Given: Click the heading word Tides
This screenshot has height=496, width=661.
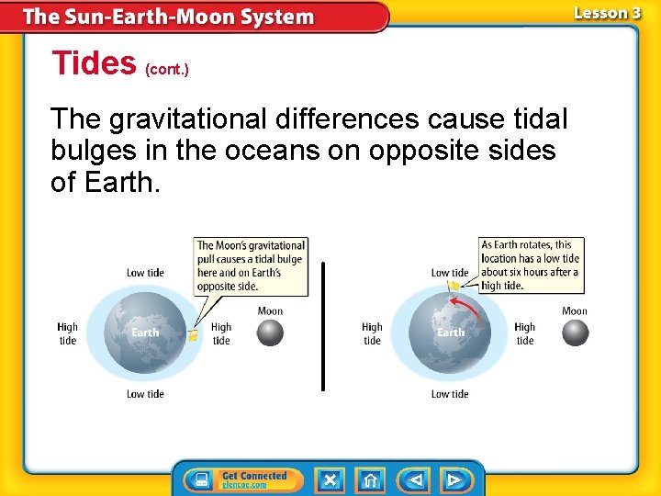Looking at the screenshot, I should pos(94,63).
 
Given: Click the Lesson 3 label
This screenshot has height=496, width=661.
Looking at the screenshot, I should pos(607,13).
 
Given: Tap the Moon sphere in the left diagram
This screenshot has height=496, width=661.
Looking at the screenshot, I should pos(270,333).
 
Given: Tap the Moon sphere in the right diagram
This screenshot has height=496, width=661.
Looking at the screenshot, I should pos(575,333).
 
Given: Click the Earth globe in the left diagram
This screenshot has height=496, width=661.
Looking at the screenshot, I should pos(145,332).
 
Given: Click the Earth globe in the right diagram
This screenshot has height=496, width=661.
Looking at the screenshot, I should pos(450,332).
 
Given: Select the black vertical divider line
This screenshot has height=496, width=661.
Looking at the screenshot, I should pos(323,326).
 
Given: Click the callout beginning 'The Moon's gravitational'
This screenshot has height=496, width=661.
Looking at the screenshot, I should pos(252,266).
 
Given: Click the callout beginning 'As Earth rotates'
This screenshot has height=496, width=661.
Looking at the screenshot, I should pos(531,265).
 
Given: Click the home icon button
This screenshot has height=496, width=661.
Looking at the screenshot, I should pos(370,479).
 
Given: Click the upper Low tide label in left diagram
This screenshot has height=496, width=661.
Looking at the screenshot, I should pos(145,273).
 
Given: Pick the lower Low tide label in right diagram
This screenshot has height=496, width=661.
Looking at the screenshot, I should pos(450,394).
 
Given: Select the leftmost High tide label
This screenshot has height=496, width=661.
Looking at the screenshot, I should pos(68,333).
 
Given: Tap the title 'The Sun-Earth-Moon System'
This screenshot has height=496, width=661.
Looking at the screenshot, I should pos(168,17).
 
